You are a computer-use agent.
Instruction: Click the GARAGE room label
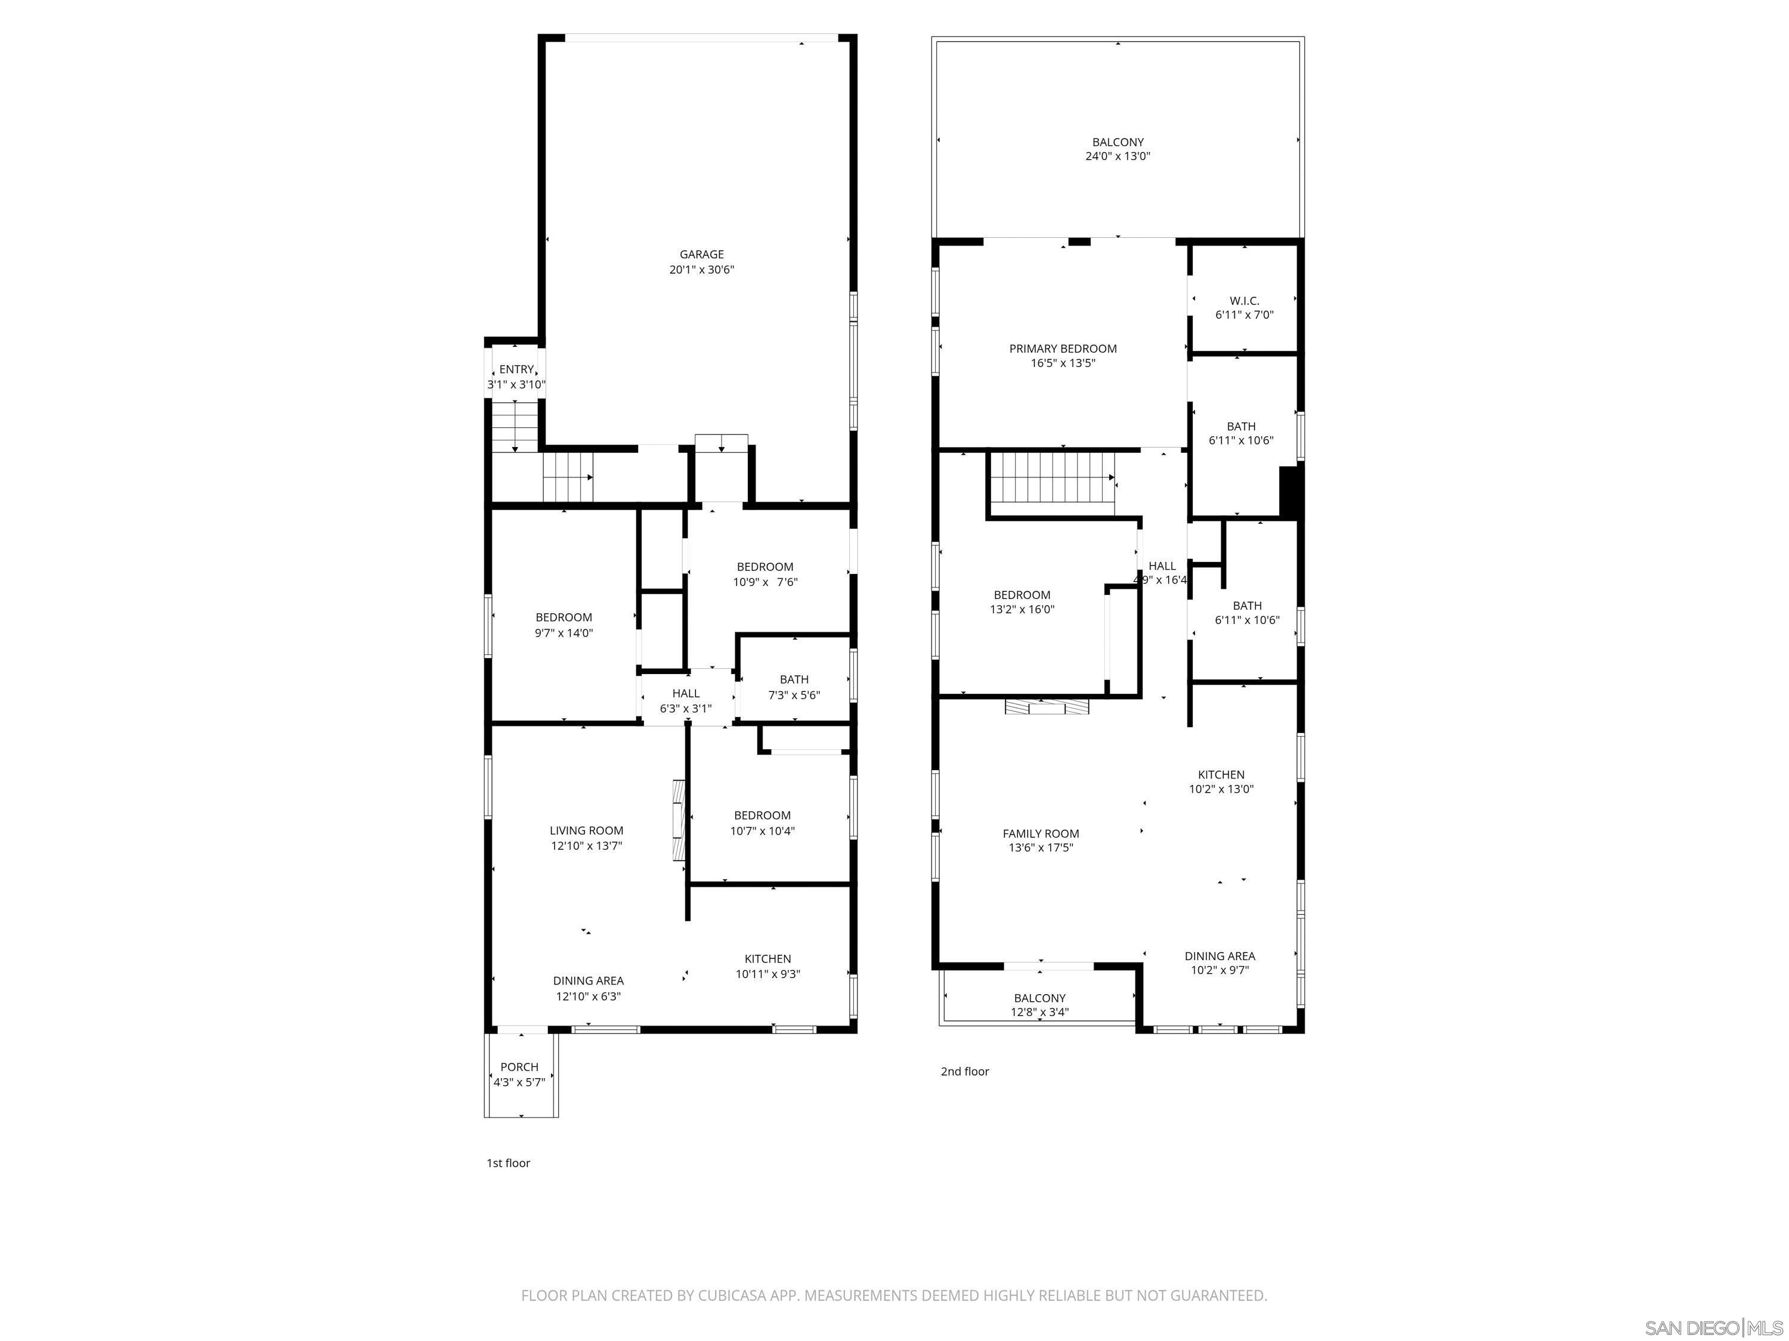pos(701,254)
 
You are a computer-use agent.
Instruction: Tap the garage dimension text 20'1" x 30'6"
pos(701,270)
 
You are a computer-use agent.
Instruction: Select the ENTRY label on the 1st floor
pos(516,370)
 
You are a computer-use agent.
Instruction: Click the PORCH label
pos(519,1067)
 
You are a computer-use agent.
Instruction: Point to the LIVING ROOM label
pos(586,830)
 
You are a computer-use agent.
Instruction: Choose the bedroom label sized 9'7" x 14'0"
pos(564,617)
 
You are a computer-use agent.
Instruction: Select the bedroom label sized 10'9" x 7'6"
pos(764,567)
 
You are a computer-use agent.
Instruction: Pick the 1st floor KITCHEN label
pos(767,958)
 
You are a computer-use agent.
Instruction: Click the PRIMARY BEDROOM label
pos(1063,349)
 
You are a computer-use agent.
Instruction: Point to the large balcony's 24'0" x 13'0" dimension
pos(1118,157)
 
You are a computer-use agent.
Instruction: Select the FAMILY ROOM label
pos(1041,833)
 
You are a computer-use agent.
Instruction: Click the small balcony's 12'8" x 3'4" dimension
pos(1039,1012)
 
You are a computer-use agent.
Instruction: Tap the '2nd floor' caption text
pos(965,1072)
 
